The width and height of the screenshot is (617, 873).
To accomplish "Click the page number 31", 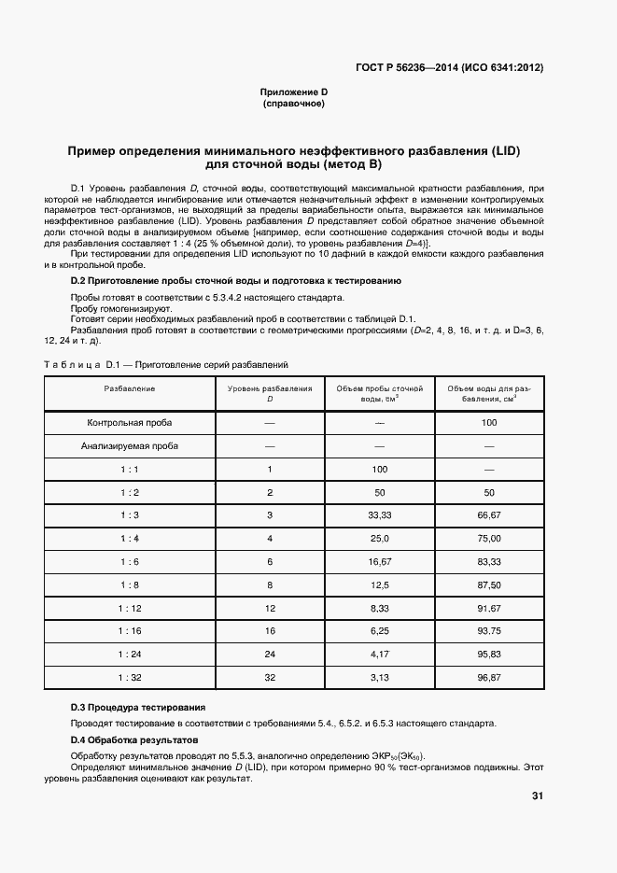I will point(537,796).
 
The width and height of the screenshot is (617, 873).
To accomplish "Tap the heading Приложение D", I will point(293,92).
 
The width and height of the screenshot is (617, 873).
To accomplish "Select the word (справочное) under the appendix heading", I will point(293,104).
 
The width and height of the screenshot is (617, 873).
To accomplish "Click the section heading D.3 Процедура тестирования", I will point(138,707).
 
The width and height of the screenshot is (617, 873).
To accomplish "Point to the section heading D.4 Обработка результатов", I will point(134,739).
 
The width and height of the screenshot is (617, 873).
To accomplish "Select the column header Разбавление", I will point(130,387).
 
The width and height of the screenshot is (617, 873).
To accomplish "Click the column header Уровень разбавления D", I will point(270,393).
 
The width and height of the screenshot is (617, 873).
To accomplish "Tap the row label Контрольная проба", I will point(130,423).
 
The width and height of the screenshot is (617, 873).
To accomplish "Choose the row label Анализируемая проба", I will point(130,446).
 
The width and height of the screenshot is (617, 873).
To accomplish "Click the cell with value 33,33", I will point(379,515).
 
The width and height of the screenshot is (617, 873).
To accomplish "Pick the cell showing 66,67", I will point(489,515).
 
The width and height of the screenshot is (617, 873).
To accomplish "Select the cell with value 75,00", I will point(489,539).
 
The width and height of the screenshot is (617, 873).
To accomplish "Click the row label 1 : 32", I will point(130,677).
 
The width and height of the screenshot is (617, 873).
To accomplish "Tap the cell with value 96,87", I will point(489,677).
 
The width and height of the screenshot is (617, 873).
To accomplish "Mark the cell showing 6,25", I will point(379,631).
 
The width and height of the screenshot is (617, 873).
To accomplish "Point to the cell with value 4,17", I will point(379,654).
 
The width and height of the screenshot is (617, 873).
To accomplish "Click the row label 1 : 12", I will point(130,608).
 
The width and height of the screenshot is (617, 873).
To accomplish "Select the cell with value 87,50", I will point(489,584).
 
